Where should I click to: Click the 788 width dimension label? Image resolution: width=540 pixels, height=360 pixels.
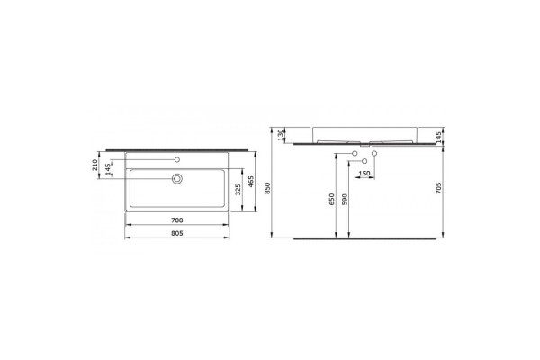[x=177, y=220]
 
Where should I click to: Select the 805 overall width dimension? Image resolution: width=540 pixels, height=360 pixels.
[x=177, y=233]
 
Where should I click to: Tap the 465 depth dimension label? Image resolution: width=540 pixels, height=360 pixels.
[x=251, y=182]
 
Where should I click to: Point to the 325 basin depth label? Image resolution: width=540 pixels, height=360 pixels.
[x=238, y=190]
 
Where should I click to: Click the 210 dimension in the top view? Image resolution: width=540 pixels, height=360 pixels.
[x=95, y=165]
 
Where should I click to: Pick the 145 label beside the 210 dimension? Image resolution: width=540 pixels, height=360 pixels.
[x=108, y=169]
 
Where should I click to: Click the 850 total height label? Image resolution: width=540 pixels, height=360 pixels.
[x=268, y=188]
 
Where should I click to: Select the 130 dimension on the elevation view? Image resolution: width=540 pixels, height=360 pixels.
[x=280, y=134]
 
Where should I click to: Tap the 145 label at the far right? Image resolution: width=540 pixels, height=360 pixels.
[x=439, y=137]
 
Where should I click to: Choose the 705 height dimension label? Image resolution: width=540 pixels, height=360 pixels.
[x=439, y=188]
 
